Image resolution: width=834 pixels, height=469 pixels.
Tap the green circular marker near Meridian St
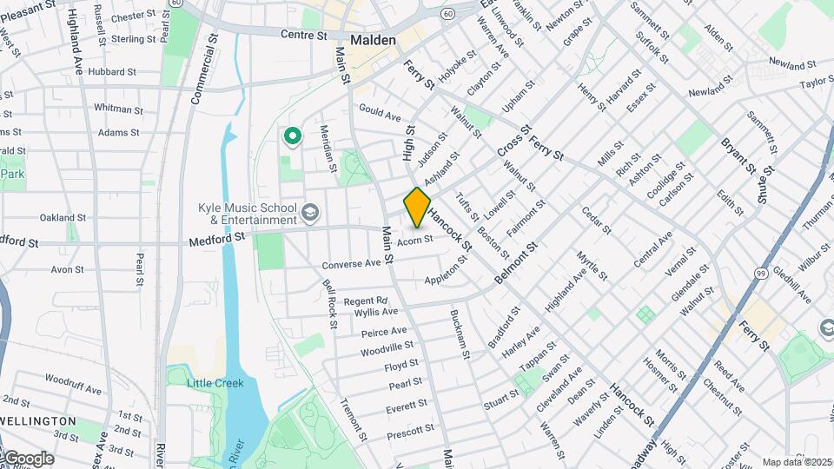(293, 135)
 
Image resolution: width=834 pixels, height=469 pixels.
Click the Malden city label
(374, 40)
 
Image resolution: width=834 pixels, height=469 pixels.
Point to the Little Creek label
(216, 382)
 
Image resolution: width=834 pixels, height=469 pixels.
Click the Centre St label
(303, 36)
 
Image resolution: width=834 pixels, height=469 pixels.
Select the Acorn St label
(414, 241)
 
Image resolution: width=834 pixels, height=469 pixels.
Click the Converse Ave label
(351, 264)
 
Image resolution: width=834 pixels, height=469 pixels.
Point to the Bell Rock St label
(330, 304)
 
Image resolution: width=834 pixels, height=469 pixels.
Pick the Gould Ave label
(380, 114)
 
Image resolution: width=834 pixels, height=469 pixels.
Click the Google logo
(28, 458)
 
